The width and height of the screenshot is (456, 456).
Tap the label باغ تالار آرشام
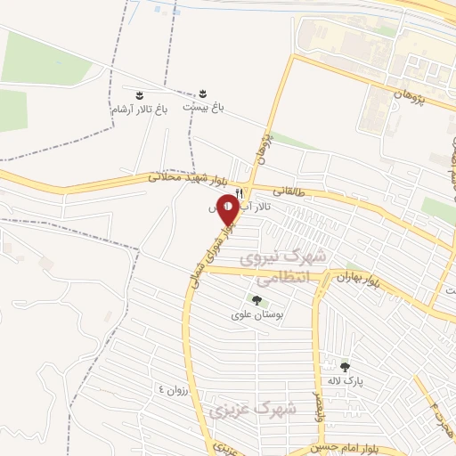[x=139, y=109]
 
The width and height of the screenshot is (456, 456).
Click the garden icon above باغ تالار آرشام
[x=139, y=94]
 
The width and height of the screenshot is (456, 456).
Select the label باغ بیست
[x=203, y=107]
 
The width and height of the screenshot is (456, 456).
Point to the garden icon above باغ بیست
[x=203, y=94]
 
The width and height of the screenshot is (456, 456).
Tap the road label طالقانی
[x=289, y=190]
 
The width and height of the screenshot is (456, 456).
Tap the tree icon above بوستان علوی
[x=256, y=300]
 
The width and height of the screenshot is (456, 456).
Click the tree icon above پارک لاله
[x=345, y=366]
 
